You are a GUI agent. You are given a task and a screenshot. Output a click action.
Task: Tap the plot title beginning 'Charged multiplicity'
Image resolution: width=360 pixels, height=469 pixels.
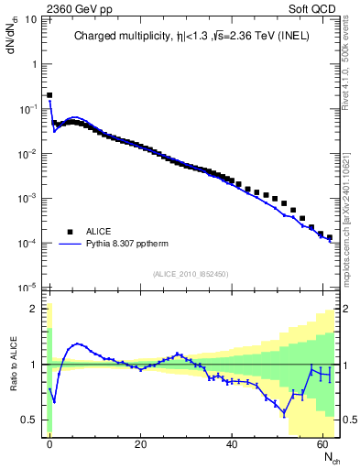coord(191,37)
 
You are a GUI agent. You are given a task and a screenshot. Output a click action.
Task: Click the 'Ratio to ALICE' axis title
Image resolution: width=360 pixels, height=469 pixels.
coord(13,364)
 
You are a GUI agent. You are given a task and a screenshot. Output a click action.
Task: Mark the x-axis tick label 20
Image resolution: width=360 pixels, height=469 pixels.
coord(140,444)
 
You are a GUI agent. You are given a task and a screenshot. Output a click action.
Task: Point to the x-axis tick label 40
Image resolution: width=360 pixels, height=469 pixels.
coord(233,444)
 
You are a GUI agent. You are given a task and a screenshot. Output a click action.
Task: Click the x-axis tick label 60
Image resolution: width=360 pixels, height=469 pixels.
coord(324,444)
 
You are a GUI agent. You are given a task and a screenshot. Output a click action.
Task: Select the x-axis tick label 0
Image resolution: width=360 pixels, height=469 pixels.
coord(49,444)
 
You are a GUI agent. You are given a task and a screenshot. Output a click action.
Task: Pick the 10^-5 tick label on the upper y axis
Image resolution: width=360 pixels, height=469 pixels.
coord(27,288)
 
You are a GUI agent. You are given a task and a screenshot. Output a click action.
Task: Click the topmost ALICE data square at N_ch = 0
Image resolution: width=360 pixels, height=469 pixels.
coord(49,94)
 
